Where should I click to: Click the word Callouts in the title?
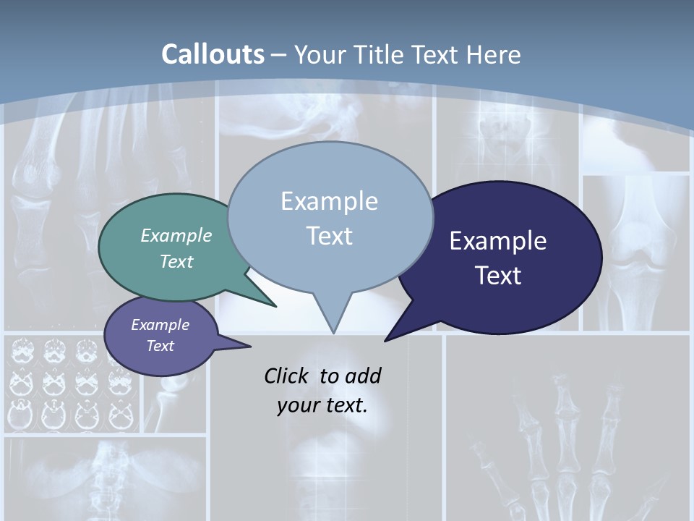213,54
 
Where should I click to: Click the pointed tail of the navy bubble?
387,339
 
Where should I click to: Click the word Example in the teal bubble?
176,236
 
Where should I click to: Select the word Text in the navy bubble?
498,276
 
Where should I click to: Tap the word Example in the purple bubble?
160,326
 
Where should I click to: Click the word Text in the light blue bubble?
330,236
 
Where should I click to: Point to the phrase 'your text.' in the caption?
322,405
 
